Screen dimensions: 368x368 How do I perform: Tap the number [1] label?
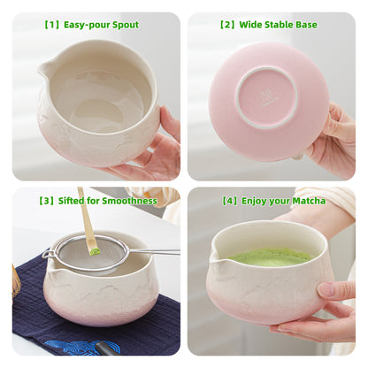(x=51, y=25)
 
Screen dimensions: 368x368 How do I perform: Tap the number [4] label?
(x=231, y=201)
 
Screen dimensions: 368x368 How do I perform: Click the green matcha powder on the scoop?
(x=94, y=250)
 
